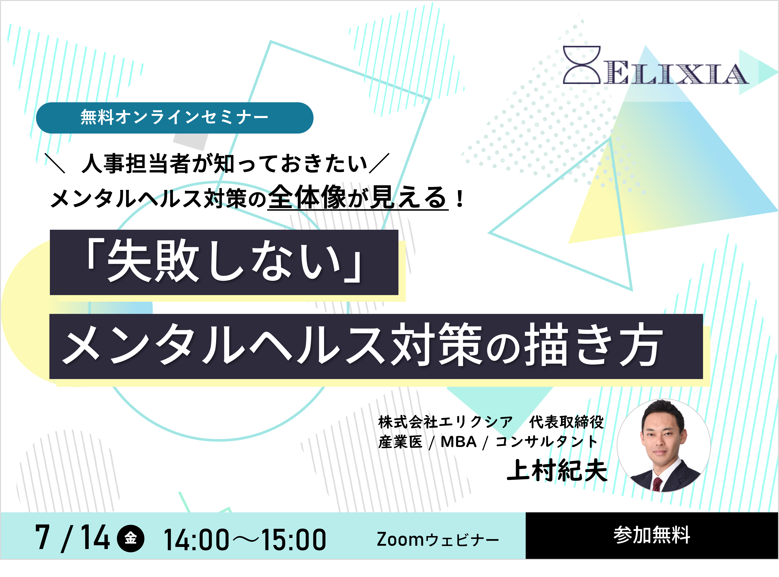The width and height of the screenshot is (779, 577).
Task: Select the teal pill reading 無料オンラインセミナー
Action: pyautogui.click(x=175, y=118)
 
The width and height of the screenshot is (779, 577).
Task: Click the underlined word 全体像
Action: pyautogui.click(x=308, y=197)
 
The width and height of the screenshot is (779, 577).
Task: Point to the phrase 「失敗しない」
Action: pyautogui.click(x=224, y=262)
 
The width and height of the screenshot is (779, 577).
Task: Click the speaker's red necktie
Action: pyautogui.click(x=657, y=484)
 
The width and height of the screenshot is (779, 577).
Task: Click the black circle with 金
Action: pyautogui.click(x=131, y=538)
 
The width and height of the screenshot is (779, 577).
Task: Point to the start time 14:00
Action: pyautogui.click(x=196, y=540)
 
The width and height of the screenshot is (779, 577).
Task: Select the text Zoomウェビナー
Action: pyautogui.click(x=438, y=540)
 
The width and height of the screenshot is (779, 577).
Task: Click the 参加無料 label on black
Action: pyautogui.click(x=652, y=535)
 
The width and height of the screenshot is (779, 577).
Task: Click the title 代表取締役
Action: pyautogui.click(x=566, y=422)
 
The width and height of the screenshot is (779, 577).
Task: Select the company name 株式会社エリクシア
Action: pyautogui.click(x=445, y=422)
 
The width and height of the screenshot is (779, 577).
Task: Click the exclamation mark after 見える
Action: pyautogui.click(x=460, y=199)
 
